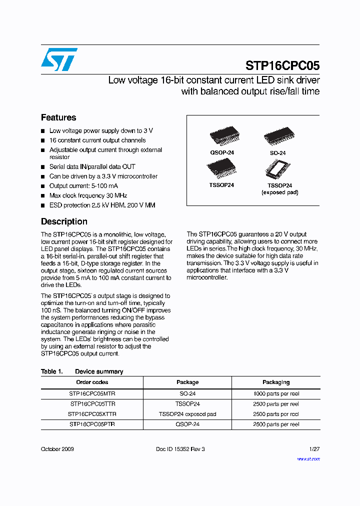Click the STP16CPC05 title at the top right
(x=282, y=66)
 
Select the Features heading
(x=58, y=117)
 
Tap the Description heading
(x=64, y=221)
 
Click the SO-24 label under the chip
(x=276, y=153)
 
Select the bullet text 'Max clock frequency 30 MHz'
(x=88, y=195)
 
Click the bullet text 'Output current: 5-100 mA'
(x=82, y=186)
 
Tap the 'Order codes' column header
(x=92, y=382)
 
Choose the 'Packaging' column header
(x=276, y=382)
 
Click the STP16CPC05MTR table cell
(x=92, y=393)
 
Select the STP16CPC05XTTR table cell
(x=92, y=414)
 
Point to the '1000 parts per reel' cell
(x=276, y=393)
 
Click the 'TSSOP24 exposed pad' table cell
(x=187, y=414)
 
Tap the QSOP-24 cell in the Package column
(x=187, y=424)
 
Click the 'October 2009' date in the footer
(x=57, y=449)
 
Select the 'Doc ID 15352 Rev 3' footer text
(x=180, y=449)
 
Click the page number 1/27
(x=314, y=449)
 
